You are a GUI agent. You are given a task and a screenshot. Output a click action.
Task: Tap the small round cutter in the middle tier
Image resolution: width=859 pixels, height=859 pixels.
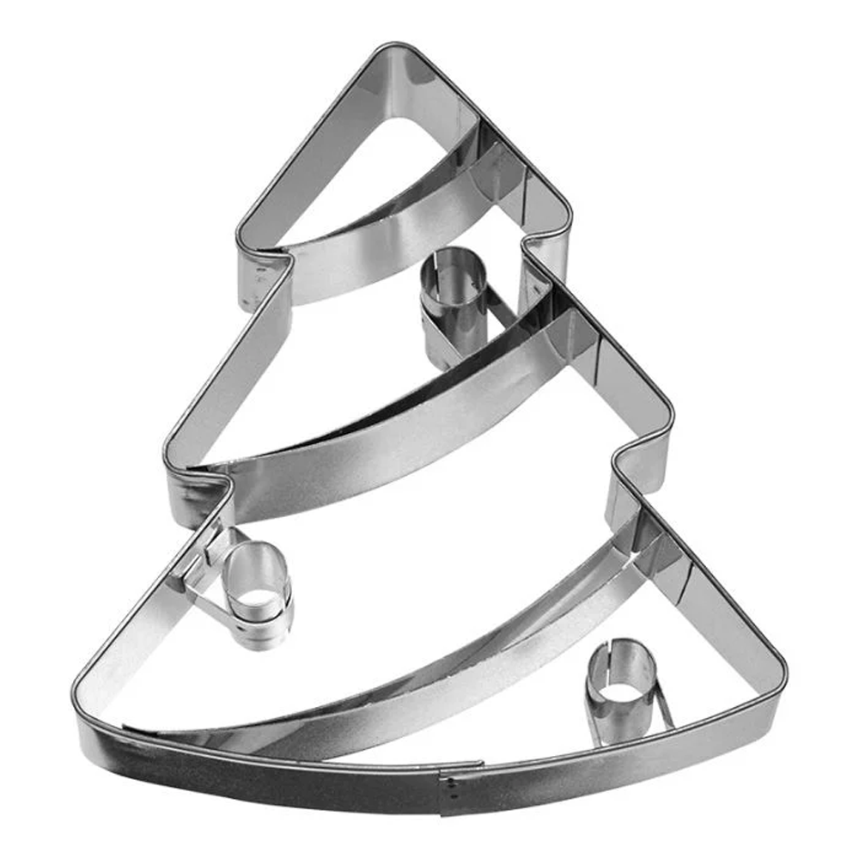[453, 296]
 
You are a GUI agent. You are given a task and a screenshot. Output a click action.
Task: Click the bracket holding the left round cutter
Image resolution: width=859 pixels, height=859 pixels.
[202, 567]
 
